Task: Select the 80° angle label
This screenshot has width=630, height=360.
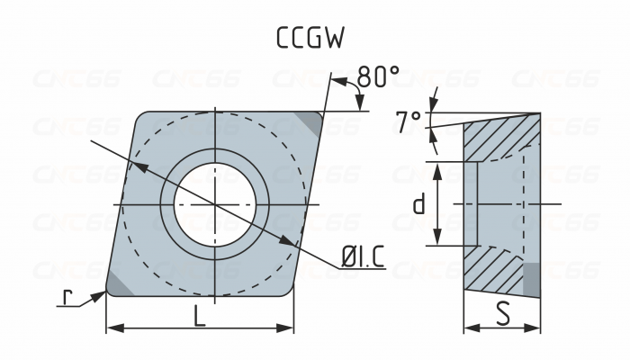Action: [x=377, y=77]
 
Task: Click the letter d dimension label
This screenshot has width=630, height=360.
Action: [x=418, y=204]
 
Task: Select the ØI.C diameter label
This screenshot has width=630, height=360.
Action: [x=363, y=258]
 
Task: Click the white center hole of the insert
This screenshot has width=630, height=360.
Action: [x=214, y=204]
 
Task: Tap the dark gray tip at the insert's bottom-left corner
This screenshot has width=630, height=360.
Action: [x=118, y=283]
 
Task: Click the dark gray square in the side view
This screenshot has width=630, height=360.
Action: [x=531, y=278]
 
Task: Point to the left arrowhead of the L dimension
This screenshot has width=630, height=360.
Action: [x=112, y=328]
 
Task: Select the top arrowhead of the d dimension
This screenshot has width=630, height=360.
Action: [x=437, y=168]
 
